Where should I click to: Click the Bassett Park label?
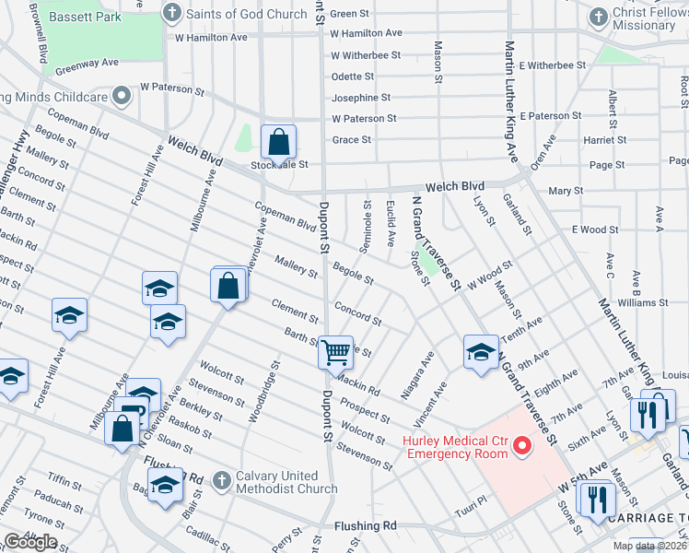(86, 16)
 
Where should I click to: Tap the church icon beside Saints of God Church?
(171, 14)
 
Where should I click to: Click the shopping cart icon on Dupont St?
(335, 351)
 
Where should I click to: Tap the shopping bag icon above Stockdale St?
(278, 143)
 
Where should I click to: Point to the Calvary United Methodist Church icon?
(221, 480)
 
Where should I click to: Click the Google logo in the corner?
(30, 542)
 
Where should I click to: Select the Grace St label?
(351, 140)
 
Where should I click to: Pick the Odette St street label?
(353, 76)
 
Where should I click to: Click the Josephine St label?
(361, 98)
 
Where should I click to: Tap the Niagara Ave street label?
(417, 374)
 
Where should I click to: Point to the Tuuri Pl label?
(470, 511)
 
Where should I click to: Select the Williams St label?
(636, 302)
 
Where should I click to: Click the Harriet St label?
(605, 140)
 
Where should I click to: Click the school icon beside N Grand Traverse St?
(481, 353)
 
